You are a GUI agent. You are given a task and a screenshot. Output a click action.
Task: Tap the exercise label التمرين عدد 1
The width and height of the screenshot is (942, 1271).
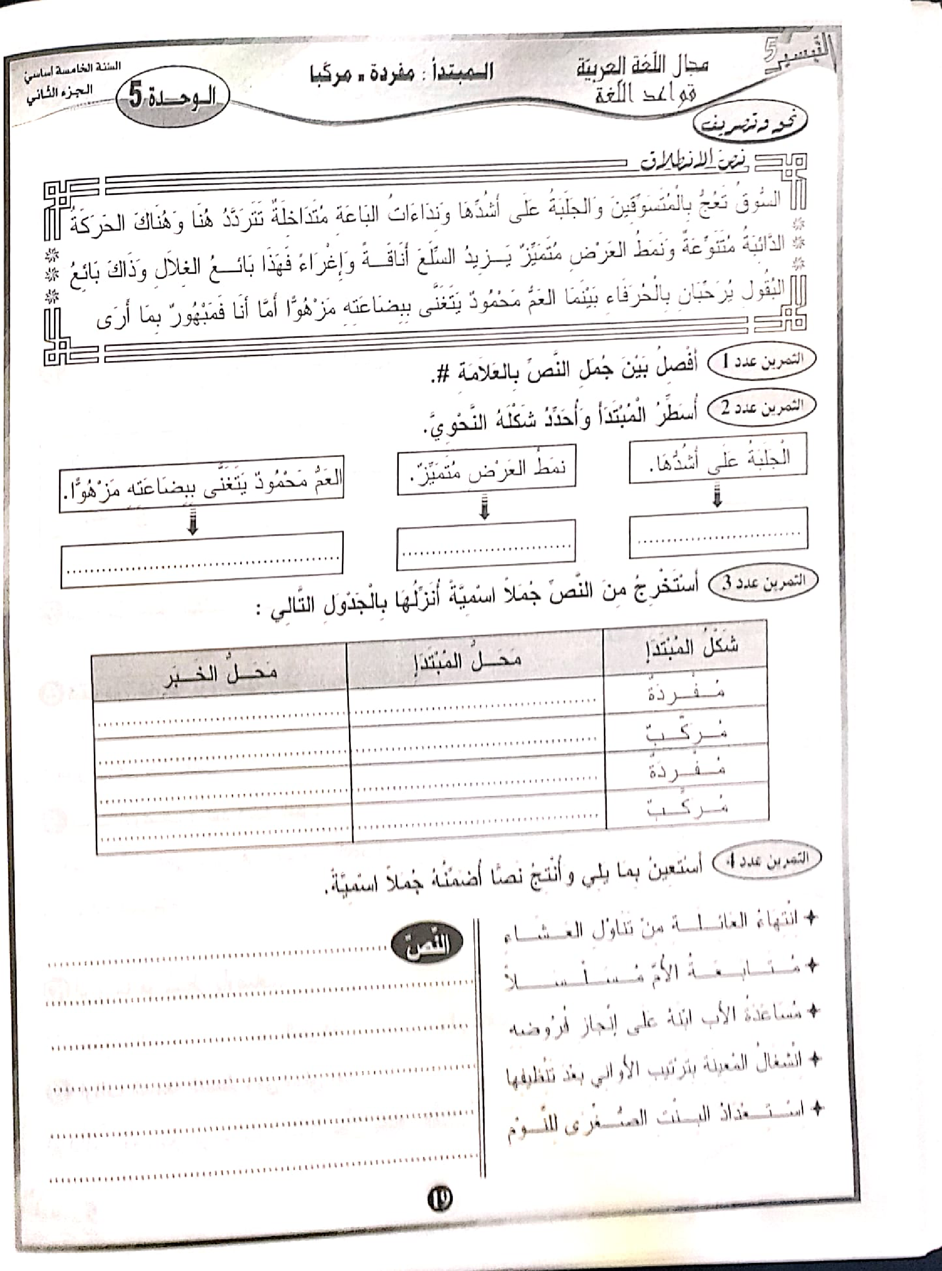[762, 360]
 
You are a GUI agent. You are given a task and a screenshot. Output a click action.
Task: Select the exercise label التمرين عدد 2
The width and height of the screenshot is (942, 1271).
[762, 408]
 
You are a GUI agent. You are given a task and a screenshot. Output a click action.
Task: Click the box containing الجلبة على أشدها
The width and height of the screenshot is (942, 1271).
[718, 458]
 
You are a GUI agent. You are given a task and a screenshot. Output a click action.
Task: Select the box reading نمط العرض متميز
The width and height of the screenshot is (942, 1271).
[486, 469]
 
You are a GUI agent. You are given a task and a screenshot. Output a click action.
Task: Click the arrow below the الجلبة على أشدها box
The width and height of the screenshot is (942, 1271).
[718, 496]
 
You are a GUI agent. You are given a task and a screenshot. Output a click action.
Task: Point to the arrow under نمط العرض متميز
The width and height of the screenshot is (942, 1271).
[484, 507]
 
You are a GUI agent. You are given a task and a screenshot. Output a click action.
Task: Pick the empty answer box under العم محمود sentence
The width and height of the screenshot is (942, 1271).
[201, 560]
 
